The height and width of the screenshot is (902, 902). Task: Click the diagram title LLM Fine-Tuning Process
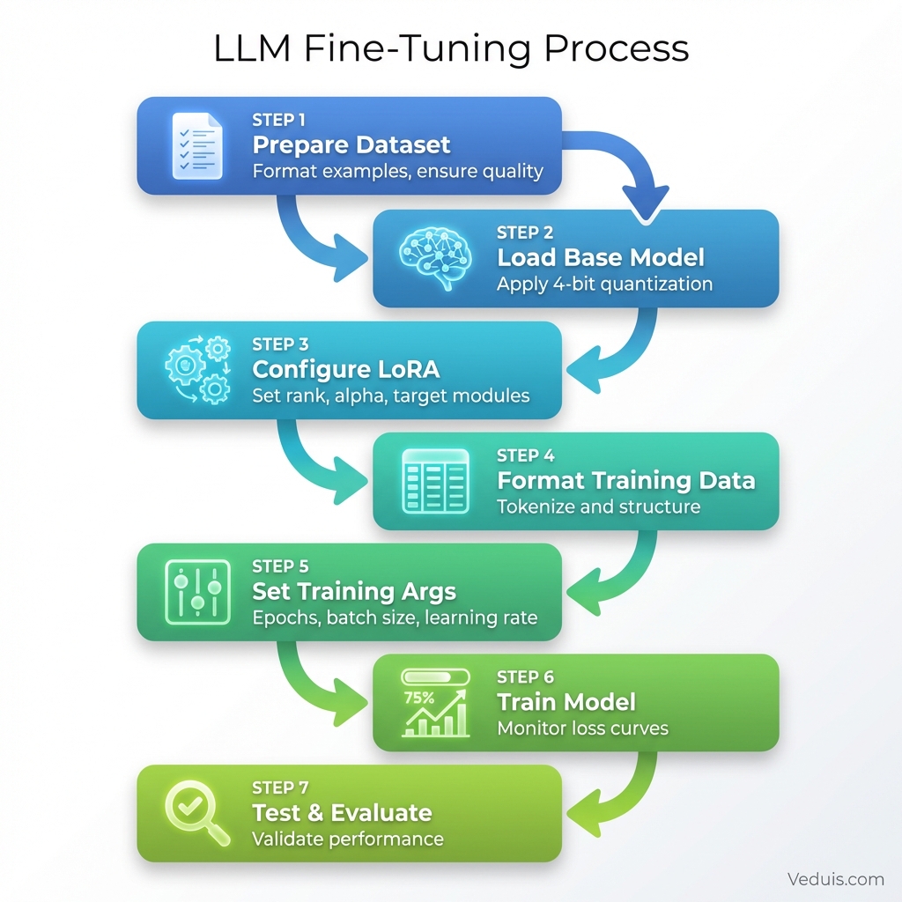click(x=451, y=49)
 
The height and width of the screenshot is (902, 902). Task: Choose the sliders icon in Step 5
click(x=197, y=591)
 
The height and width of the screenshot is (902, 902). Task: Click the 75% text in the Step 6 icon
click(x=418, y=698)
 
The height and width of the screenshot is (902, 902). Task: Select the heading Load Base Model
click(x=601, y=257)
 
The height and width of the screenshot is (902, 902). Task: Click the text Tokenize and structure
click(x=599, y=506)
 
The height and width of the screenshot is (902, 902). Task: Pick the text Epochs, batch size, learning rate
click(x=395, y=617)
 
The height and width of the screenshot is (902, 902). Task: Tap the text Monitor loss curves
click(x=582, y=728)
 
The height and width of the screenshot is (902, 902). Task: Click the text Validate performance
click(x=348, y=839)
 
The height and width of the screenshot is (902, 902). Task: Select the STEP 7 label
click(x=280, y=787)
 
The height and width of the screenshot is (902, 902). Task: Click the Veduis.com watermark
click(x=836, y=878)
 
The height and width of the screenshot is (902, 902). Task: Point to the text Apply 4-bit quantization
click(x=604, y=284)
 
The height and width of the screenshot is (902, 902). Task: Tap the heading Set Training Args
click(x=355, y=591)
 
